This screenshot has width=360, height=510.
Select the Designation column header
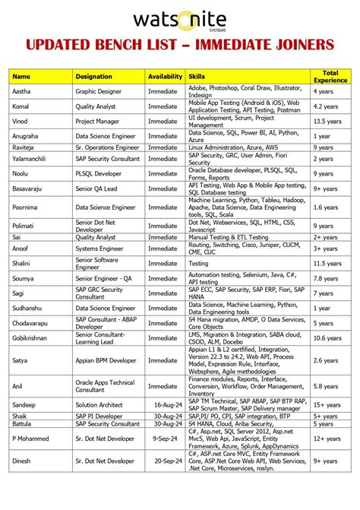click(94, 77)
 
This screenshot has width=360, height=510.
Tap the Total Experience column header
click(330, 77)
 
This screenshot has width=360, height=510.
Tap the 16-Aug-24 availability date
click(165, 406)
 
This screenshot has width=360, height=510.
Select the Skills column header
click(197, 77)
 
